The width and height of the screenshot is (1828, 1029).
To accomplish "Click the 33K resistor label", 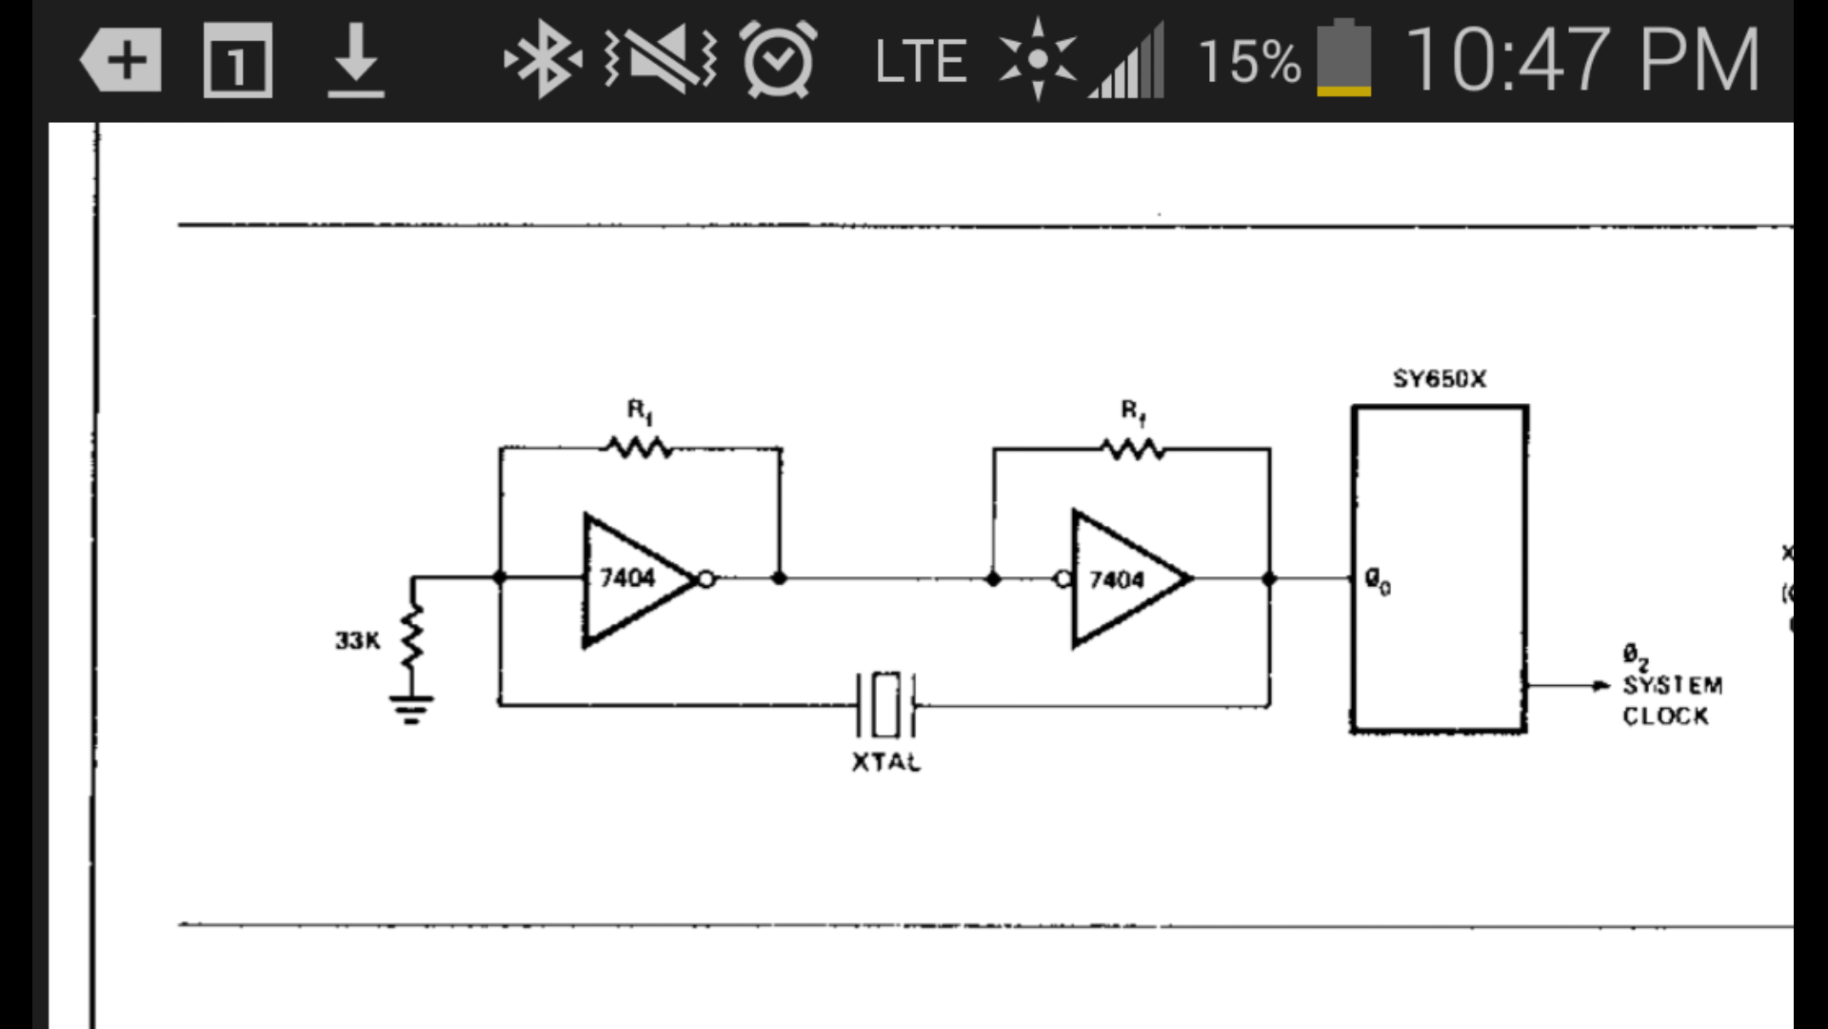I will (357, 640).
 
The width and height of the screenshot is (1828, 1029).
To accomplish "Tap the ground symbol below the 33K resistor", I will (411, 708).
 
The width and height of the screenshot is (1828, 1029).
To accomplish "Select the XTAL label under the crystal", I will (885, 762).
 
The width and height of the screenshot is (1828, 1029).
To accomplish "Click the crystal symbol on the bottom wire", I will (886, 705).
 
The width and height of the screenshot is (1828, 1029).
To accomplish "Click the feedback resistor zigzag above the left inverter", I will (638, 446).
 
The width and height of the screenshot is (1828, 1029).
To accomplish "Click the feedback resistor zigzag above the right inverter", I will (1132, 448).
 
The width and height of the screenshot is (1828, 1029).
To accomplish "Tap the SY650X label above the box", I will (1439, 379).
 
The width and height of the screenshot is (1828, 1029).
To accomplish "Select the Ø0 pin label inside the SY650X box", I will (1377, 580).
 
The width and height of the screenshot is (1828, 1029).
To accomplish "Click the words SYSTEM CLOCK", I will (1672, 700).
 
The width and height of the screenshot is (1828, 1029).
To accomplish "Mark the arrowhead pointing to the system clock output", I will (1601, 685).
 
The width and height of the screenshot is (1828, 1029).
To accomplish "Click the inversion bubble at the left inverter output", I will (705, 578).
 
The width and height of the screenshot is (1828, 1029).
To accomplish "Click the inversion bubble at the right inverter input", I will (1063, 578).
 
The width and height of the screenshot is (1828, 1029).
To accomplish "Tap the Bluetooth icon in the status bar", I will (543, 60).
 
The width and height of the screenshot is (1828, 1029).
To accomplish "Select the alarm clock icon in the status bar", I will (778, 60).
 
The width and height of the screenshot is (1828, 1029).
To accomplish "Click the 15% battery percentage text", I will (1248, 62).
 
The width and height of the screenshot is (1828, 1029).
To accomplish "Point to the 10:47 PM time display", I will (1581, 60).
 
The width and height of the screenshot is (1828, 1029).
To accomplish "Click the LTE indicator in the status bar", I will (920, 62).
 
